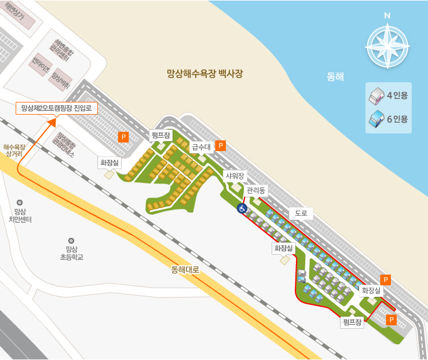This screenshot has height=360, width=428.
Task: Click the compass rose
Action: (387, 44)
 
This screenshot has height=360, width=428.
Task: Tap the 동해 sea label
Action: (335, 76)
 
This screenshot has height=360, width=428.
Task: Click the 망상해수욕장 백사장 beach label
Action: (204, 74)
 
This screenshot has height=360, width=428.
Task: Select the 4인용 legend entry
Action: (389, 95)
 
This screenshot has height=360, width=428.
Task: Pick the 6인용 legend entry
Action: (389, 119)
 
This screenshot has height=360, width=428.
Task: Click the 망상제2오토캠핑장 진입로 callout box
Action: (56, 108)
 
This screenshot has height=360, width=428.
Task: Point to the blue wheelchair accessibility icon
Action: (242, 208)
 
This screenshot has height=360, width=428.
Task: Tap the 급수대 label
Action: (200, 148)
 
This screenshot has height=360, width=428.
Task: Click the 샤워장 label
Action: (235, 175)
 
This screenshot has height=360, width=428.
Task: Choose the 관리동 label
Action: (255, 190)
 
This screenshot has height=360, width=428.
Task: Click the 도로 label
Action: (300, 213)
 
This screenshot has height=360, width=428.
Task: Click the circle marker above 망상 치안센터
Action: (20, 203)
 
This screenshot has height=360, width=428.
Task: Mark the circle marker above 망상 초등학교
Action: (71, 240)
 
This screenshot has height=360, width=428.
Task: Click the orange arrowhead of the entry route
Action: (52, 121)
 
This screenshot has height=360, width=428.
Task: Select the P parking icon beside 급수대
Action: (220, 145)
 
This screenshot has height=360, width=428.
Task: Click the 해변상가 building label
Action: (14, 12)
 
